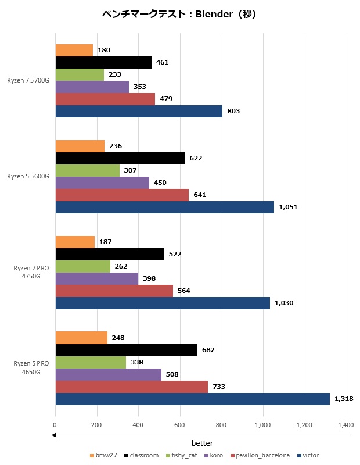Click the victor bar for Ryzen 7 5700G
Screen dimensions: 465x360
click(139, 111)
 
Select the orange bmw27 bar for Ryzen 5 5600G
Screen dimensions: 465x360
click(80, 146)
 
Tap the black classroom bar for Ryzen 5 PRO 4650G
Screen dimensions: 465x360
click(127, 350)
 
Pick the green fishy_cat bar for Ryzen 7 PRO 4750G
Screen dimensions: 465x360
click(83, 266)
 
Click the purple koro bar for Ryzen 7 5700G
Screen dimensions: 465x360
click(92, 87)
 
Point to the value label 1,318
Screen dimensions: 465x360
click(342, 399)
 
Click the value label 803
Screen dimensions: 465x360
click(233, 111)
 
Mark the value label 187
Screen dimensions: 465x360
click(106, 242)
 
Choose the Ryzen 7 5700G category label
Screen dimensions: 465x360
click(28, 81)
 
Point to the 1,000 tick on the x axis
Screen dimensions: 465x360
click(263, 425)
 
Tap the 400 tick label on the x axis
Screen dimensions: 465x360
click(138, 425)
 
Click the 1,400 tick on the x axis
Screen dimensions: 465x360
click(347, 425)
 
